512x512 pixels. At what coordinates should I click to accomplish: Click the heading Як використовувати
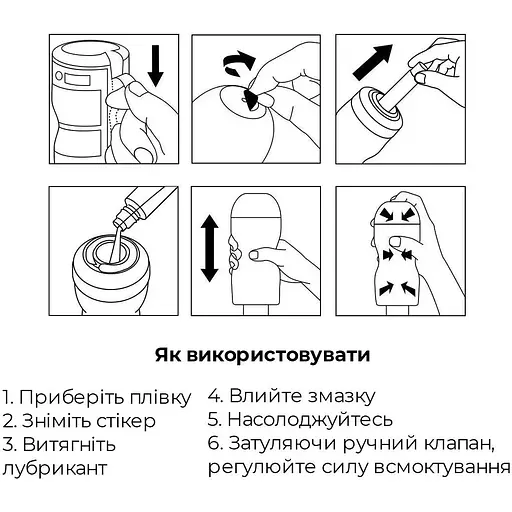[255, 355]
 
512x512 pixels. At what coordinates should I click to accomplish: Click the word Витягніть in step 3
[75, 444]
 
